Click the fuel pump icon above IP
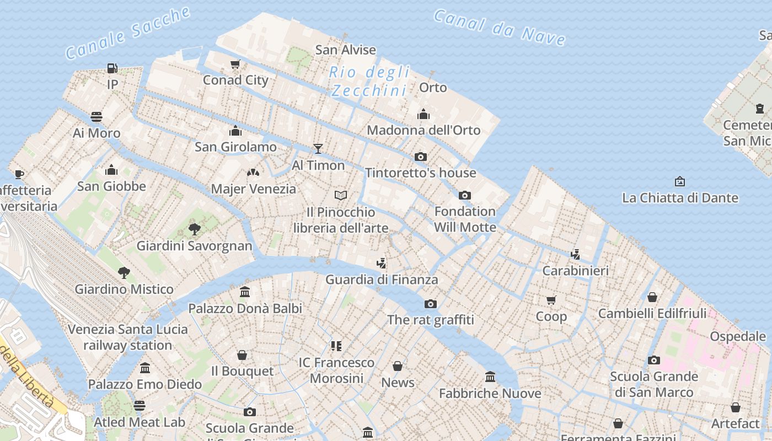click(112, 68)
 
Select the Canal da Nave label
click(500, 27)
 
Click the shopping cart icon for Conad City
click(235, 64)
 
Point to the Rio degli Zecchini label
click(369, 81)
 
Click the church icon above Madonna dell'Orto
click(423, 114)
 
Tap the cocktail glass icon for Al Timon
click(318, 148)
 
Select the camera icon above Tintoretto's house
click(421, 157)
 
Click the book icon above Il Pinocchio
click(341, 195)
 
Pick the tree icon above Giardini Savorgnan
click(194, 229)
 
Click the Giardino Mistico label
click(124, 289)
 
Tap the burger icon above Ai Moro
click(96, 117)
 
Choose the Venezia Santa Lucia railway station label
click(128, 337)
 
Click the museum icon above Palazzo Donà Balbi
click(245, 292)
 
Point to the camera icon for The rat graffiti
click(431, 304)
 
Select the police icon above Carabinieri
click(576, 254)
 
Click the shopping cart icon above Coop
click(551, 300)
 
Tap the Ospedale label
click(737, 336)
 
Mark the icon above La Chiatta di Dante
click(680, 181)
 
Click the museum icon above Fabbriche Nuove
click(490, 377)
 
